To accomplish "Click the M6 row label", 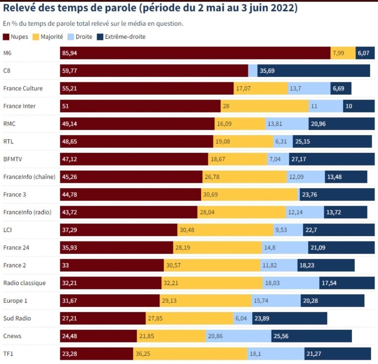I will click(x=7, y=53).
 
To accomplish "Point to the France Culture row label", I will click(x=23, y=88).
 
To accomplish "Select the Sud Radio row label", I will click(x=17, y=318).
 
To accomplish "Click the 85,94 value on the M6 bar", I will click(x=70, y=53).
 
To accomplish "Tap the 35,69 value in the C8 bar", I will click(x=267, y=71).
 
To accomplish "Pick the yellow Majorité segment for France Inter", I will click(x=265, y=106).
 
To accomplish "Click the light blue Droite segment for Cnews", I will click(x=238, y=336).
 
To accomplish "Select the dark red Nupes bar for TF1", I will click(x=97, y=353).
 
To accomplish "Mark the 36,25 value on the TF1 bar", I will click(x=143, y=353).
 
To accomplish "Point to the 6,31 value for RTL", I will click(x=281, y=141).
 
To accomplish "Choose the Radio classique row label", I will click(x=24, y=283).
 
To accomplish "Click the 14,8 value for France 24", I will click(x=270, y=247).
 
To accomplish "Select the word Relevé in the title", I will click(x=20, y=8).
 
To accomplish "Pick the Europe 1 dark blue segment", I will click(x=332, y=301).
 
